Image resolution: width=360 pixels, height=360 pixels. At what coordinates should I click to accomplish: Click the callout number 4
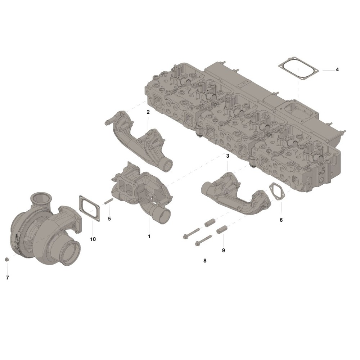pos(337,69)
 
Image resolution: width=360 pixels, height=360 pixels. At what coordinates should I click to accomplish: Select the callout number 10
pos(93,239)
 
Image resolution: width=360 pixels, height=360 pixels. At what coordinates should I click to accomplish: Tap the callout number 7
pos(7,278)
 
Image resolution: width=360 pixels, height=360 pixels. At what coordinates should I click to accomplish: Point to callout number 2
pos(148,112)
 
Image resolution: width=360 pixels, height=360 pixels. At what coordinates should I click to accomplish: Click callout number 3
pos(228,156)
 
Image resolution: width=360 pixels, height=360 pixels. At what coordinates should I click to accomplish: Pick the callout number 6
pos(281,220)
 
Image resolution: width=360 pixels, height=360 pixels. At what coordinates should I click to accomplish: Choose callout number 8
pos(205,261)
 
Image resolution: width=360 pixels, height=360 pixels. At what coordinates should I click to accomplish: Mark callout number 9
pos(224,250)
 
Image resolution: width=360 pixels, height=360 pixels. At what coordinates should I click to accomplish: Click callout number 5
pos(109,219)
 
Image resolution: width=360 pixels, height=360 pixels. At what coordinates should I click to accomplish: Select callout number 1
pos(149,236)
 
